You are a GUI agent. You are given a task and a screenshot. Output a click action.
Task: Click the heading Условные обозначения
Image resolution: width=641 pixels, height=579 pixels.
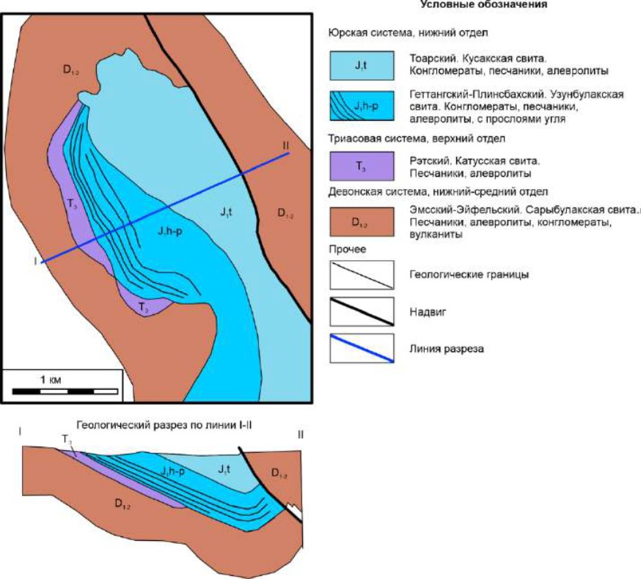pyautogui.click(x=484, y=5)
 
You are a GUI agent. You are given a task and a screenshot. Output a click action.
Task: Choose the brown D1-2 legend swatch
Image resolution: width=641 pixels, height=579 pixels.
pyautogui.click(x=360, y=221)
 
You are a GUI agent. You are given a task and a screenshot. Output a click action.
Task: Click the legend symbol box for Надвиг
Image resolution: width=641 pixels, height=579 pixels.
pyautogui.click(x=360, y=314)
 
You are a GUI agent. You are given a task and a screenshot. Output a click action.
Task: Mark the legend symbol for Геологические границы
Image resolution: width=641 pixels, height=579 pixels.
pyautogui.click(x=360, y=275)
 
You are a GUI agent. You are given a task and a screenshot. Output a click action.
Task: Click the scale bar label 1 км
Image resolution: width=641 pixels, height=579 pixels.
pyautogui.click(x=50, y=379)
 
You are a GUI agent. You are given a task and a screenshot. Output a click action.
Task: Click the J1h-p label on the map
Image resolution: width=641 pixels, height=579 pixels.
pyautogui.click(x=169, y=232)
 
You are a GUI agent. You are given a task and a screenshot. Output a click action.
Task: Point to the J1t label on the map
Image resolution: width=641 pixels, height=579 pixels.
pyautogui.click(x=225, y=213)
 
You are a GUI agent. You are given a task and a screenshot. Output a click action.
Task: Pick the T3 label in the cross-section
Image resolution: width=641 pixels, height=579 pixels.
pyautogui.click(x=67, y=440)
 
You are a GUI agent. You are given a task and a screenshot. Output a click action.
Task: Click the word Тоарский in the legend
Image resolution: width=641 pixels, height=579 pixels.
pyautogui.click(x=432, y=57)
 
